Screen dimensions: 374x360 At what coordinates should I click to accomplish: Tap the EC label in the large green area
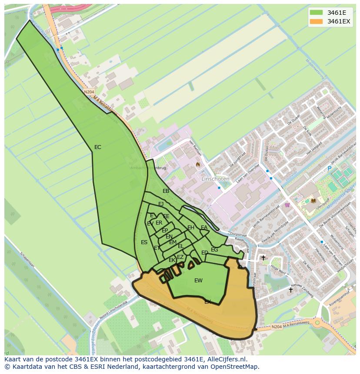(x=98, y=147)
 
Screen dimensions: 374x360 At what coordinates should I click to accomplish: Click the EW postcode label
(x=198, y=281)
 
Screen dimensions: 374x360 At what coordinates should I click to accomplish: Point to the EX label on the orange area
(x=207, y=301)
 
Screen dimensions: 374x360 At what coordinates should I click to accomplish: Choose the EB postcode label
(x=166, y=191)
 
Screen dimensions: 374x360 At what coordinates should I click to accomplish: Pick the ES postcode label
(x=144, y=242)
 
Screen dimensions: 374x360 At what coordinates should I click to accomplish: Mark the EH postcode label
(x=190, y=228)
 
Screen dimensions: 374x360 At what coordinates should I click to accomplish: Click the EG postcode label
(x=214, y=250)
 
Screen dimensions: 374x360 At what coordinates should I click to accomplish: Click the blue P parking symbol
(x=330, y=169)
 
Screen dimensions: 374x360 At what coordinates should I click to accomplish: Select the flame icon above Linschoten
(x=198, y=165)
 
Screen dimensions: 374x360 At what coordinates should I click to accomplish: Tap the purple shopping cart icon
(x=286, y=205)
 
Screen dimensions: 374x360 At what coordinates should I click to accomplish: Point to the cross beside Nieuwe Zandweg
(x=291, y=290)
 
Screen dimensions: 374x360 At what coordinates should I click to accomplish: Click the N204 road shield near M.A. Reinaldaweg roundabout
(x=276, y=327)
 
